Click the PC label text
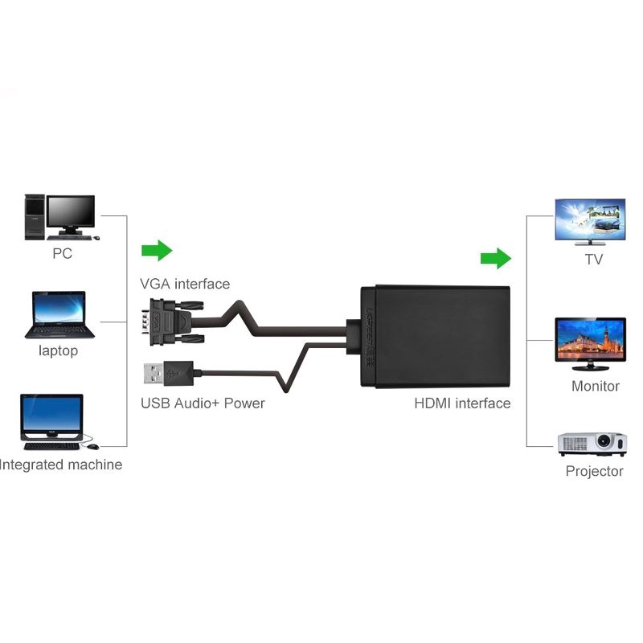[x=62, y=254]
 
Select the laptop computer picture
[x=59, y=314]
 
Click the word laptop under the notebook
[x=58, y=351]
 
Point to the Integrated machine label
[x=61, y=465]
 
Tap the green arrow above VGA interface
[x=157, y=251]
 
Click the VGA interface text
[x=185, y=284]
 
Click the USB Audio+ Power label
[x=203, y=403]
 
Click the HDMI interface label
[x=462, y=403]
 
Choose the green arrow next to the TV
[x=495, y=258]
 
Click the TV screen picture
[x=591, y=220]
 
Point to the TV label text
[x=593, y=260]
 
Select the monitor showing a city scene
[x=591, y=342]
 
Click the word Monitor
[x=596, y=386]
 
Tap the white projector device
[x=592, y=444]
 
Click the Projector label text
[x=595, y=471]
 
